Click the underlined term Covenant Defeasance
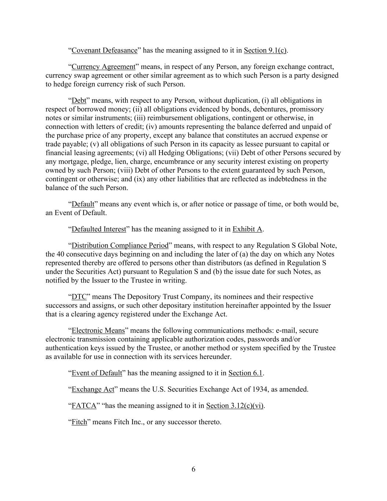(x=104, y=50)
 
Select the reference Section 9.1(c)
(x=265, y=50)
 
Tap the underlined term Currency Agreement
(x=103, y=67)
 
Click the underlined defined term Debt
(x=79, y=101)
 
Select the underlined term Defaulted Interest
(x=99, y=229)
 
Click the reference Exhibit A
(x=247, y=229)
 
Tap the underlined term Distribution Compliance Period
(x=120, y=246)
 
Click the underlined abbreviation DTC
(x=79, y=297)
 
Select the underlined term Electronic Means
(x=98, y=331)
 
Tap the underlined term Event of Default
(x=96, y=373)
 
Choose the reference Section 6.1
(x=245, y=373)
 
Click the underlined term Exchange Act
(x=93, y=389)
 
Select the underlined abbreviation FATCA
(x=84, y=406)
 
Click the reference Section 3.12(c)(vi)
(x=235, y=406)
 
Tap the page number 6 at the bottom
(x=193, y=469)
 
